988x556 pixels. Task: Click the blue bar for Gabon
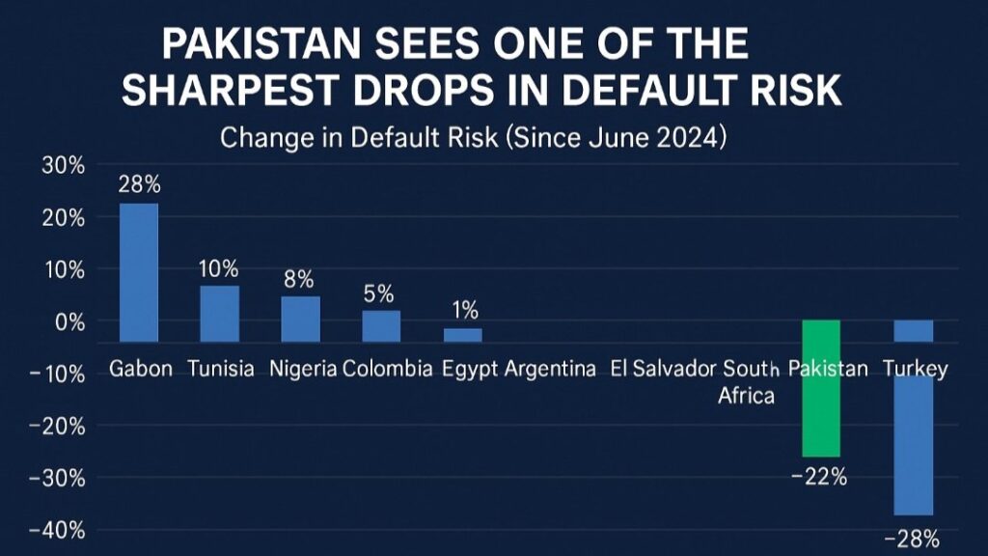pos(139,272)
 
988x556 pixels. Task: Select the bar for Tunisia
pos(219,314)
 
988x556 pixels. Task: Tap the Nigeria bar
pos(300,319)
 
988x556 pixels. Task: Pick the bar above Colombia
pos(381,325)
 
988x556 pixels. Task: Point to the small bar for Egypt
pos(462,335)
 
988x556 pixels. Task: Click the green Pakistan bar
pos(821,388)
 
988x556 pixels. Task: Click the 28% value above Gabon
pos(138,183)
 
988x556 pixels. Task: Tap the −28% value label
pos(912,539)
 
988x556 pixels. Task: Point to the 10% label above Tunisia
pos(219,268)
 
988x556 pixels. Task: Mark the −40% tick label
pos(59,530)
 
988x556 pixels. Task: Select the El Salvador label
pos(663,370)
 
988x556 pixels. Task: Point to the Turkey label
pos(915,370)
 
